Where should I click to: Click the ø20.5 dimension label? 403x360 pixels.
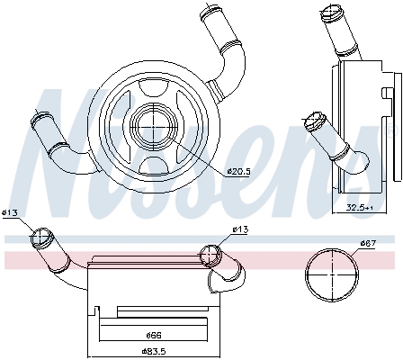tap(238, 172)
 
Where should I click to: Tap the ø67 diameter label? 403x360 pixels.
tap(368, 242)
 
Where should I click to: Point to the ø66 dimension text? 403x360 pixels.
tap(154, 335)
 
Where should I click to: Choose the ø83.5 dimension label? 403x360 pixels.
tap(154, 351)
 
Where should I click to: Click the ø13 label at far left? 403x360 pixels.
tap(10, 213)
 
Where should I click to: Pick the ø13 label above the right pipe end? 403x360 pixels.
tap(240, 229)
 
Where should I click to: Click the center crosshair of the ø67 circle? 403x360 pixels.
tap(332, 274)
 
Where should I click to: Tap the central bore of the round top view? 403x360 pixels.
tap(153, 127)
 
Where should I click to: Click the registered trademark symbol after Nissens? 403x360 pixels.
tap(390, 130)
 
